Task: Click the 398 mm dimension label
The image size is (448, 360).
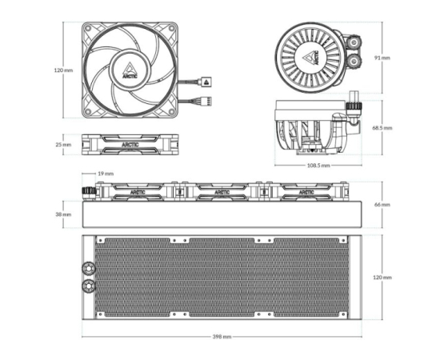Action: pos(222,337)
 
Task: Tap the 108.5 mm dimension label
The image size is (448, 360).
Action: pos(318,165)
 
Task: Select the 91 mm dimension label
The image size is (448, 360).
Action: pos(382,58)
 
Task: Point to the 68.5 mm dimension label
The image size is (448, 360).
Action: pos(382,128)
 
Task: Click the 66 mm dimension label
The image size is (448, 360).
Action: pos(382,205)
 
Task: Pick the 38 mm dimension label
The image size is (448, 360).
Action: pos(63,214)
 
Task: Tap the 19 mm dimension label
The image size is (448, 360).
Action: pos(106,174)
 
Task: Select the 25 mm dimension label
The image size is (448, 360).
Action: pos(63,145)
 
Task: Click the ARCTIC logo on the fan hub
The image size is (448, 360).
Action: pos(130,70)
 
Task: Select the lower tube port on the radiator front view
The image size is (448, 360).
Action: pos(89,286)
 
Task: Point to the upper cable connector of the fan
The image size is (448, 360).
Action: pos(206,82)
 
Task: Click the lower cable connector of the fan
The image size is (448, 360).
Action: pos(206,101)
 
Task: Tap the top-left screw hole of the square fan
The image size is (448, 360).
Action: pos(88,28)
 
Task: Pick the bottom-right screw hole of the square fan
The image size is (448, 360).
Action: pos(171,111)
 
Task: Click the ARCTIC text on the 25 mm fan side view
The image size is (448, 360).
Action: pos(130,145)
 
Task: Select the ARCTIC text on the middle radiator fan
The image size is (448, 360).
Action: pos(222,192)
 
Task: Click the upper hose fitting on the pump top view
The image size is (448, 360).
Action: pos(354,42)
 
